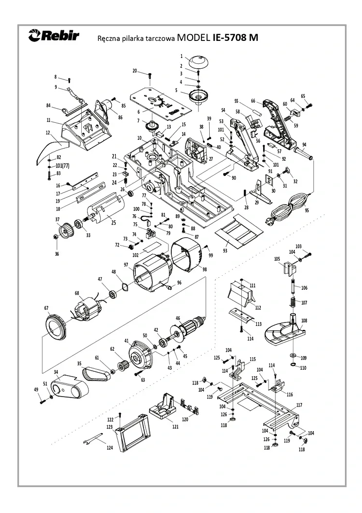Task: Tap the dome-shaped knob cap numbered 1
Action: (198, 62)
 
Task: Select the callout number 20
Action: (135, 71)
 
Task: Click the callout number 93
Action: (225, 250)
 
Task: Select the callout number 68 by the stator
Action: (76, 293)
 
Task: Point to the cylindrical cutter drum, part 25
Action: (107, 209)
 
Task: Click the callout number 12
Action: (48, 133)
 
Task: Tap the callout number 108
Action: (305, 321)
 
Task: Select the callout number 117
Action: (299, 405)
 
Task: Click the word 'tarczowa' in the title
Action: (161, 38)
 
